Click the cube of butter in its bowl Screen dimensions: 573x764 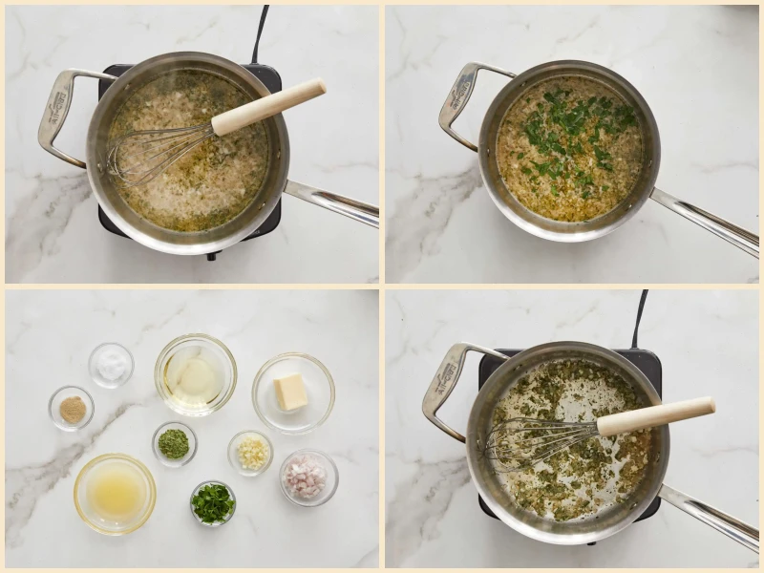point(291,392)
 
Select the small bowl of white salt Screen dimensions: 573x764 point(111,365)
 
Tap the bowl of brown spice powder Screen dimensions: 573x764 point(72,408)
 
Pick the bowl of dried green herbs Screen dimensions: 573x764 point(174,443)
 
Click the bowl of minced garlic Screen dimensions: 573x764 point(250,452)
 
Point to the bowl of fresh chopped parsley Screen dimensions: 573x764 point(212,502)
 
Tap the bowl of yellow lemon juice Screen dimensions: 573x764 point(115,493)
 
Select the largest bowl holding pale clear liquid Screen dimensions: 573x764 point(196,374)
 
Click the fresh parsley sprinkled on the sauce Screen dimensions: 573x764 point(573,134)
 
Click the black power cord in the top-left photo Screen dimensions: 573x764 point(260,33)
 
